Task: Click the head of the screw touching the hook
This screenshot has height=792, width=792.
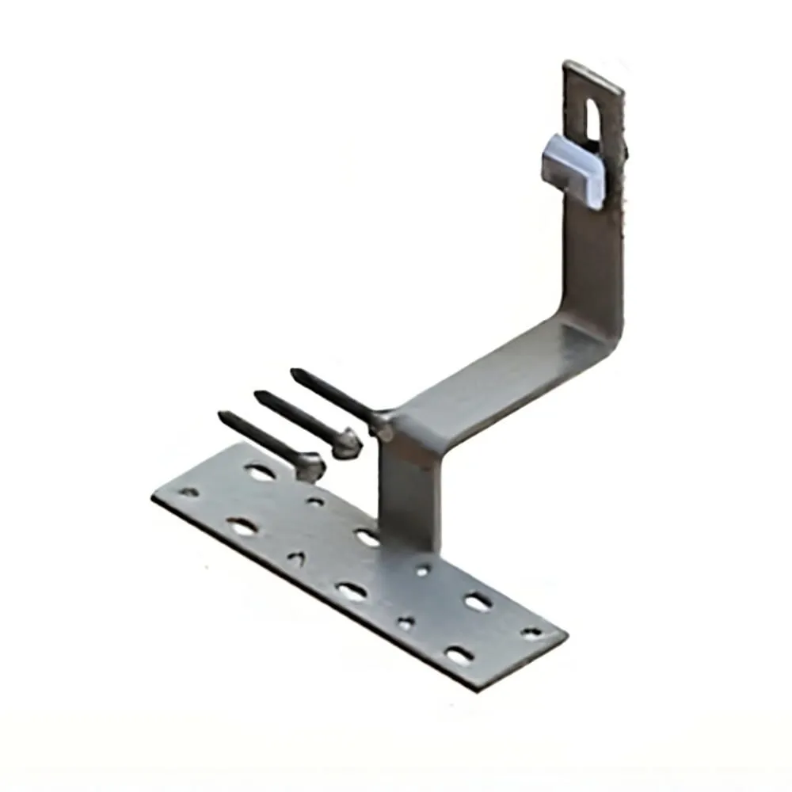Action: tap(383, 425)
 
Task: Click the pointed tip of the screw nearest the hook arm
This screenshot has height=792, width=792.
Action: tap(294, 371)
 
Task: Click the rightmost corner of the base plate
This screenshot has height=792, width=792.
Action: tap(565, 634)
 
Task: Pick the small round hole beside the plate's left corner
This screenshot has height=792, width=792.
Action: tap(189, 492)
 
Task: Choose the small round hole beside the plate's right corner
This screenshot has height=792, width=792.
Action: tap(531, 632)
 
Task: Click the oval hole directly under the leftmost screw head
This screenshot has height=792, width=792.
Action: tap(261, 473)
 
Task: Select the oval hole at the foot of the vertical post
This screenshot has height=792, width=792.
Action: tap(366, 538)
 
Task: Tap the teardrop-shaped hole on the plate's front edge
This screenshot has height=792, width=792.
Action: tap(295, 558)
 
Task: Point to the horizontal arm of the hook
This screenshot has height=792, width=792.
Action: tap(491, 380)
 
